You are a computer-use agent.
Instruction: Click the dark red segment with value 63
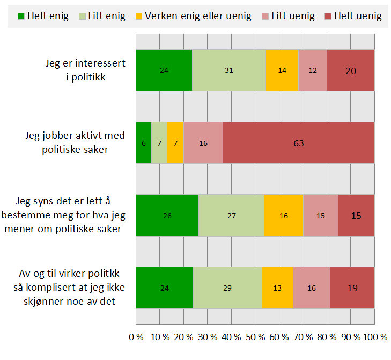tap(298, 143)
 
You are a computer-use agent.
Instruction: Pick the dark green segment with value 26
tap(167, 215)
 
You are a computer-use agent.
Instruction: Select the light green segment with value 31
tap(228, 70)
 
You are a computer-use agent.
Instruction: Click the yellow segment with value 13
tap(277, 288)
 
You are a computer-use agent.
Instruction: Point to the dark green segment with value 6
tap(143, 143)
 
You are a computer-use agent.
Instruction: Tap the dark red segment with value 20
tap(350, 70)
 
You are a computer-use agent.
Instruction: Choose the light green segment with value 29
tap(227, 288)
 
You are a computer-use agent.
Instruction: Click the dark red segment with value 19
tap(352, 288)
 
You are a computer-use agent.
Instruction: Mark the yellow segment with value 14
tap(282, 70)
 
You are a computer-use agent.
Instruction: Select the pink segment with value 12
tap(312, 70)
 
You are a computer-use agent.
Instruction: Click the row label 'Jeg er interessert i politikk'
tap(86, 70)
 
